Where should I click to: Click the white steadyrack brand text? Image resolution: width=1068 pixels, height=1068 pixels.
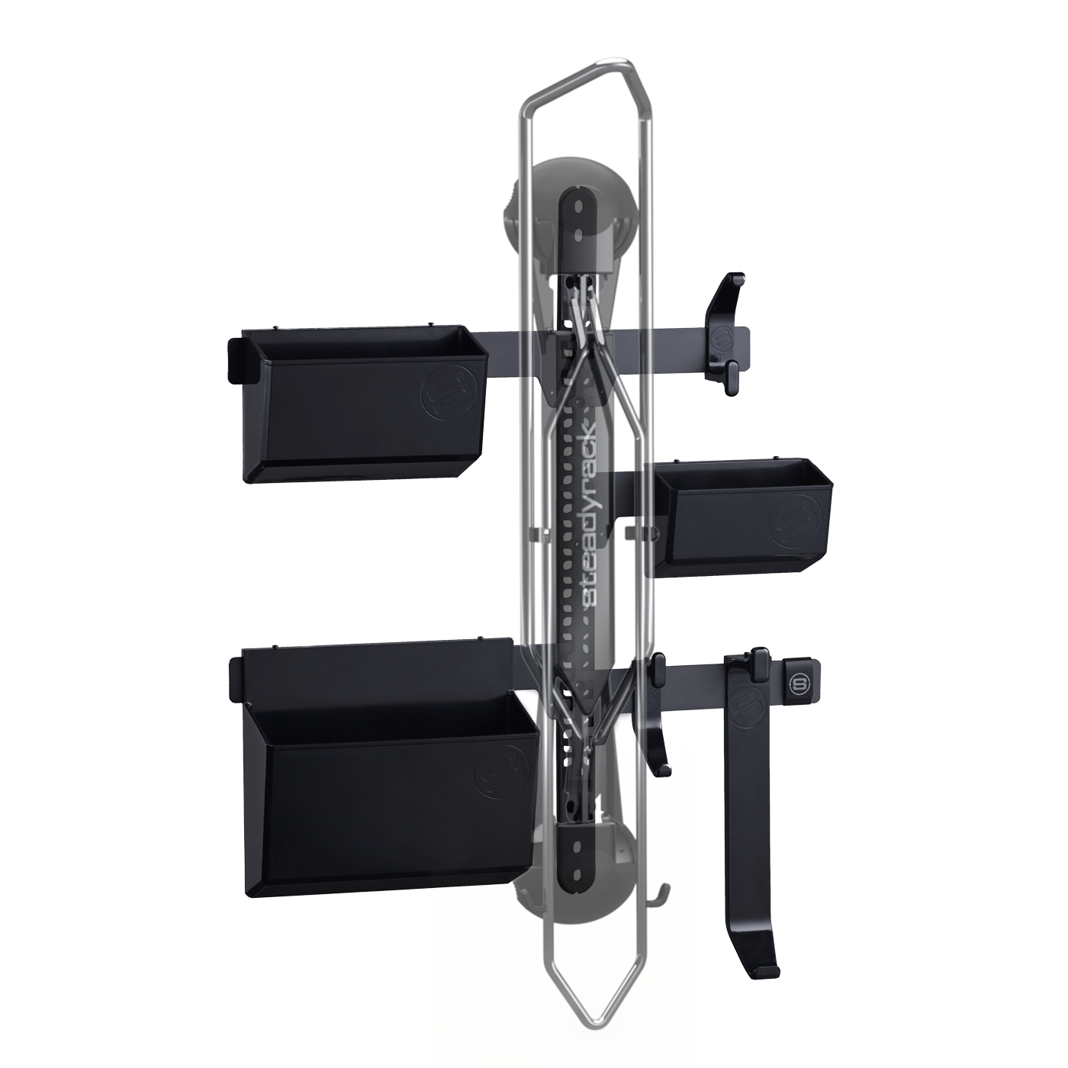595,511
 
